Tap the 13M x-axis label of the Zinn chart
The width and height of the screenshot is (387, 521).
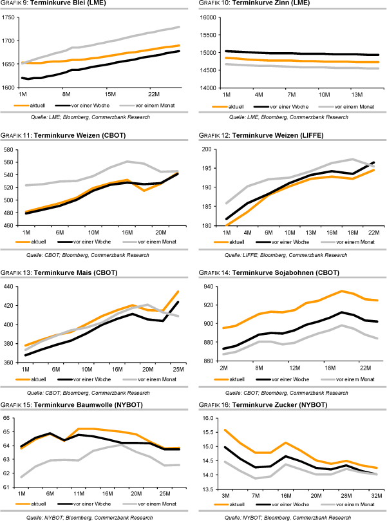click(x=357, y=94)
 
